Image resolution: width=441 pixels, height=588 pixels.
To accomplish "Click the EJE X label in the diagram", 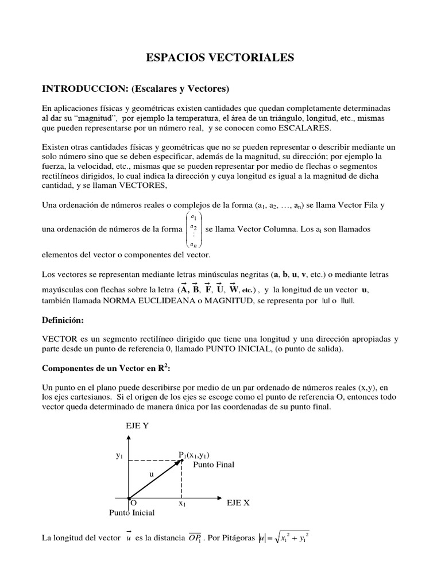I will coord(238,502).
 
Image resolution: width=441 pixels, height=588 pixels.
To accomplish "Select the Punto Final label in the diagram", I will coord(214,465).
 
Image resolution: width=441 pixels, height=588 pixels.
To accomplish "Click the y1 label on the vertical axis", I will coord(119,455).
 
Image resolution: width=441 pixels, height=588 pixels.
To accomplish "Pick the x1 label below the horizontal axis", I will coord(182,503).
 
